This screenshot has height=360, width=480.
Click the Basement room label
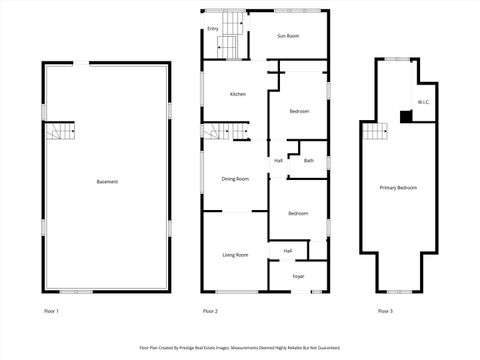[107, 182]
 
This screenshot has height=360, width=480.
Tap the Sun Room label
[288, 36]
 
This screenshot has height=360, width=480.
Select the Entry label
[213, 29]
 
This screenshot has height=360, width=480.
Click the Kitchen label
[238, 94]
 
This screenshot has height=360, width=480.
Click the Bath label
[309, 161]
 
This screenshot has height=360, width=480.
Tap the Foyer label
[298, 276]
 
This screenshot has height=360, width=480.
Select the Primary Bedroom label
[398, 188]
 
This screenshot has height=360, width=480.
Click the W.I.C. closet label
[424, 102]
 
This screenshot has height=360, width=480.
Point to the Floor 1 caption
[51, 312]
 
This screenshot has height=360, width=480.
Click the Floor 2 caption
[210, 312]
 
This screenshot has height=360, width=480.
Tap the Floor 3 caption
[385, 312]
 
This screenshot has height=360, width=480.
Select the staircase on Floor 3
[374, 132]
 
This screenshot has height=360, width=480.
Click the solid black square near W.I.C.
[405, 117]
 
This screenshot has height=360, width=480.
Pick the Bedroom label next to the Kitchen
[298, 111]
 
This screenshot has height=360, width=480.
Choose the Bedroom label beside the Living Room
[298, 213]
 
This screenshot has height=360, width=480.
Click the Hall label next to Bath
[278, 161]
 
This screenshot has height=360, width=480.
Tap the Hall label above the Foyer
[288, 251]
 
